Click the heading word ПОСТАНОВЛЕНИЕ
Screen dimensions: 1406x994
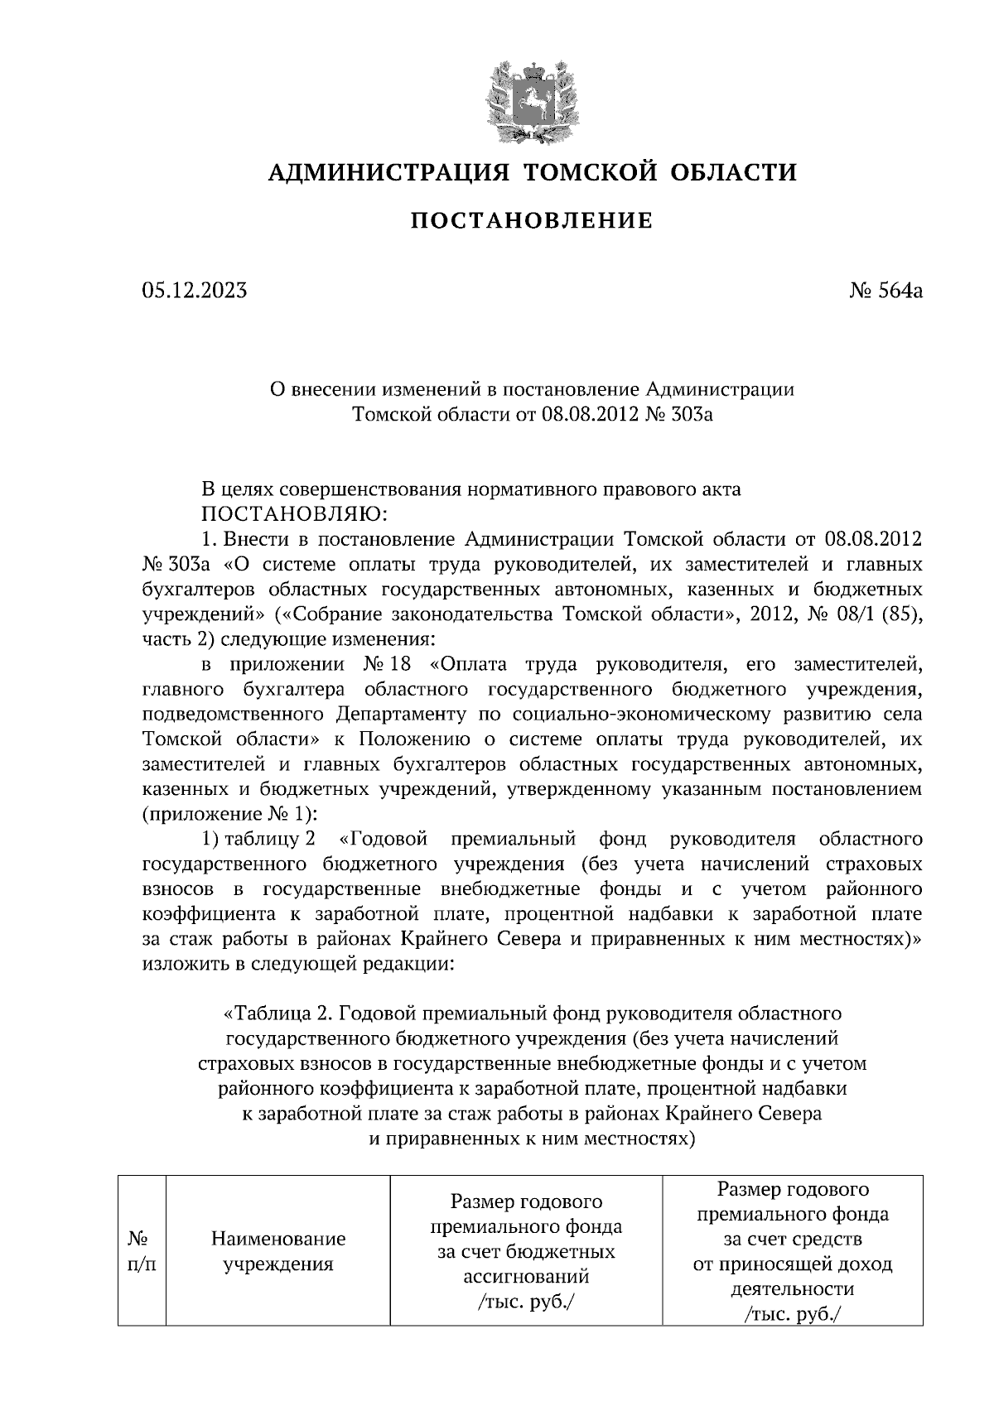click(x=532, y=221)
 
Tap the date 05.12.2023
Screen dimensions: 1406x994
click(x=194, y=291)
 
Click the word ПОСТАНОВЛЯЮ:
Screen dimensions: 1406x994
click(x=294, y=514)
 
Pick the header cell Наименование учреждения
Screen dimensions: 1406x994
click(x=278, y=1251)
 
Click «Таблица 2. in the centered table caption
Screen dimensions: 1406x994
click(x=277, y=1014)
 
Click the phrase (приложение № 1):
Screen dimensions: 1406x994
click(x=231, y=813)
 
